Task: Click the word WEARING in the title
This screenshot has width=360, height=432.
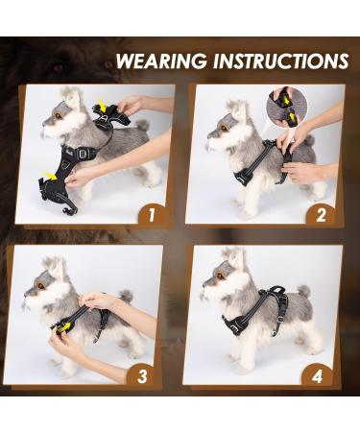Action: point(161,60)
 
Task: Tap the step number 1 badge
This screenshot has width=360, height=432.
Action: point(152,215)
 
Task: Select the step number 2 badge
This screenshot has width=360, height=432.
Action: point(321,215)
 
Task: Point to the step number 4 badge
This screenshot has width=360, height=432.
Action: point(317,376)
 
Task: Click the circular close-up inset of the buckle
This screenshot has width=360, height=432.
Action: point(287,106)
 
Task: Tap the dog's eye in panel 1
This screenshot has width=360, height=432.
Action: point(58,115)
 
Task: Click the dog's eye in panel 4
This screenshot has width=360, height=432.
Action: point(220,276)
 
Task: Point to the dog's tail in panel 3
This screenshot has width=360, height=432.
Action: point(126,296)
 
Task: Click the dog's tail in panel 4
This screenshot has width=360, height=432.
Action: point(303,291)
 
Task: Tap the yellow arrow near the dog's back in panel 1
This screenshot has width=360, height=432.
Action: point(102,106)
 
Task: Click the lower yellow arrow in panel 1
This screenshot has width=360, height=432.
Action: point(48,176)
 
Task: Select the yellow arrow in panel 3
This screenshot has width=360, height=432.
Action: point(64,327)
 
